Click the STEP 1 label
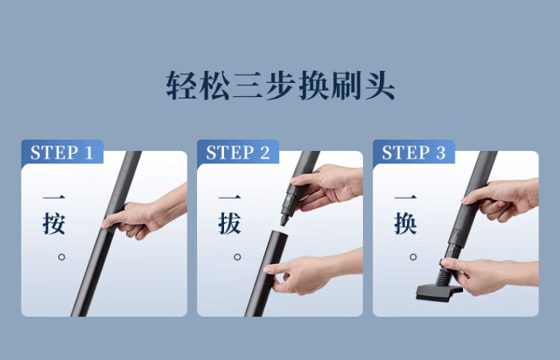62,152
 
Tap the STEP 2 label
238,152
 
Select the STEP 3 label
414,152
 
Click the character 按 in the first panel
54,223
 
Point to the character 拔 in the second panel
230,223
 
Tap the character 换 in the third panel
405,223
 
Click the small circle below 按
61,257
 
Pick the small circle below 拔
237,257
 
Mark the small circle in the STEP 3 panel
413,257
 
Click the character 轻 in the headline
181,85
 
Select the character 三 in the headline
247,85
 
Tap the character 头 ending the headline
379,85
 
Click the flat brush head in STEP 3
438,293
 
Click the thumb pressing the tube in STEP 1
113,221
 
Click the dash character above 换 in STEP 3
405,197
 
